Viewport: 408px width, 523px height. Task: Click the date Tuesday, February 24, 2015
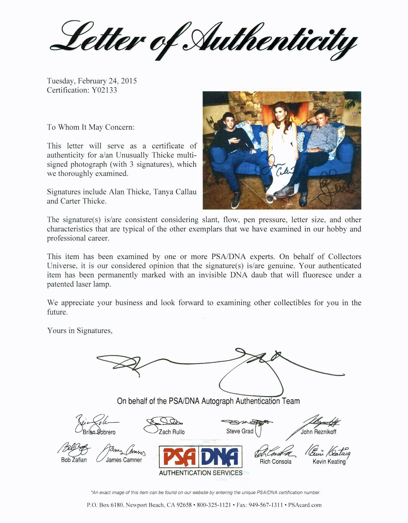click(x=92, y=81)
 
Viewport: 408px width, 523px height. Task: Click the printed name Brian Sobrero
click(x=99, y=432)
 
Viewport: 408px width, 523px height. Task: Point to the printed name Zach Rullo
click(x=172, y=432)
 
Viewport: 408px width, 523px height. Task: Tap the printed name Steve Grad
click(x=240, y=431)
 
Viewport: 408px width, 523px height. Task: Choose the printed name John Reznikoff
click(x=318, y=432)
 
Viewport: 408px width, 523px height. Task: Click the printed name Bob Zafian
click(x=74, y=460)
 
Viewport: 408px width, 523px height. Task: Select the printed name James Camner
click(x=124, y=460)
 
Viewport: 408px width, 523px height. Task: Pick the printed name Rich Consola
click(x=276, y=461)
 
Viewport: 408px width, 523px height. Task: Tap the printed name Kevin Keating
click(x=329, y=461)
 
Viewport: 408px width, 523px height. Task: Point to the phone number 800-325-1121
click(x=214, y=505)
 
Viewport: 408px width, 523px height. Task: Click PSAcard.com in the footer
click(x=305, y=505)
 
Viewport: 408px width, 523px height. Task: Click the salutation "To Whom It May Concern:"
click(x=91, y=127)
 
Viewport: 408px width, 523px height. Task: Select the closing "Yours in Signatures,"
click(x=80, y=331)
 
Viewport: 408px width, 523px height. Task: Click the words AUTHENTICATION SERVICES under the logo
click(x=201, y=473)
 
